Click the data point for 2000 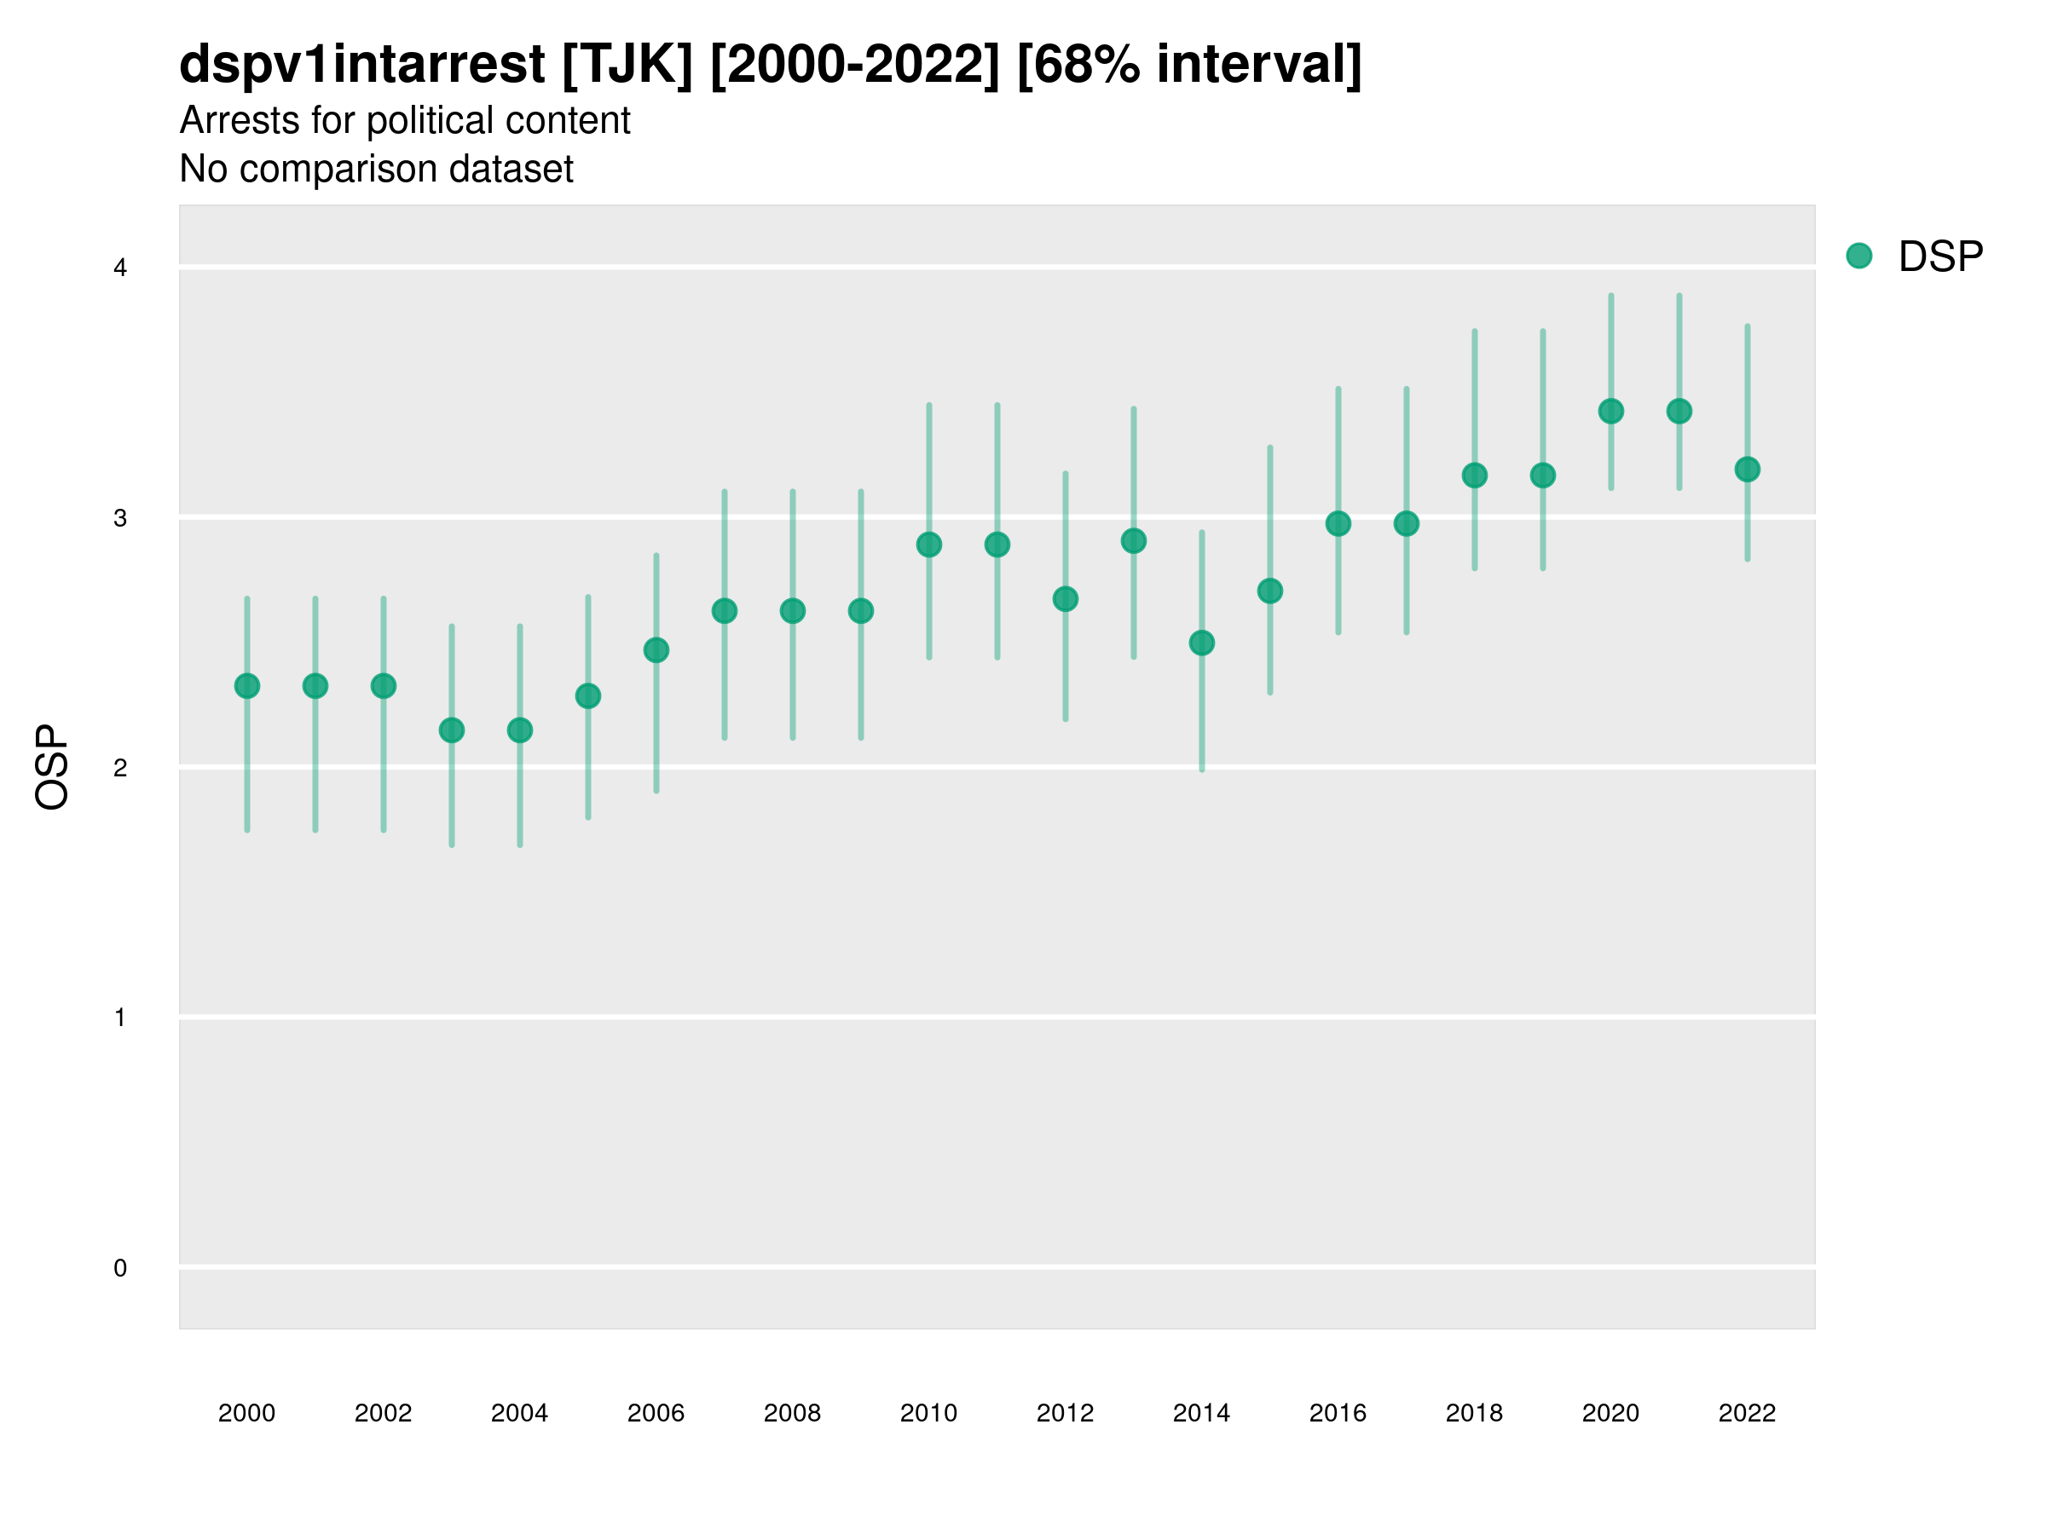(247, 686)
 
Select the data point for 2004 (520, 730)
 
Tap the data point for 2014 (1201, 643)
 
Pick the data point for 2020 (1611, 411)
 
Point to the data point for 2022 (1748, 470)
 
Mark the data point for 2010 (928, 545)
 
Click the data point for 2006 (656, 650)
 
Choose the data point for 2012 (1066, 599)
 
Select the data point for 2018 (1474, 476)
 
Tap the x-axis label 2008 (792, 1413)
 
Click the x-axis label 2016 (1338, 1413)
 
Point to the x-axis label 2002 (383, 1413)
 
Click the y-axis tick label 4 (120, 268)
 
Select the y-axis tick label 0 (120, 1268)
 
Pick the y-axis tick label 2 (120, 768)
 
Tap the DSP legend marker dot (1858, 257)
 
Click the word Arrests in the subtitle (239, 121)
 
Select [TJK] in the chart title (627, 65)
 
